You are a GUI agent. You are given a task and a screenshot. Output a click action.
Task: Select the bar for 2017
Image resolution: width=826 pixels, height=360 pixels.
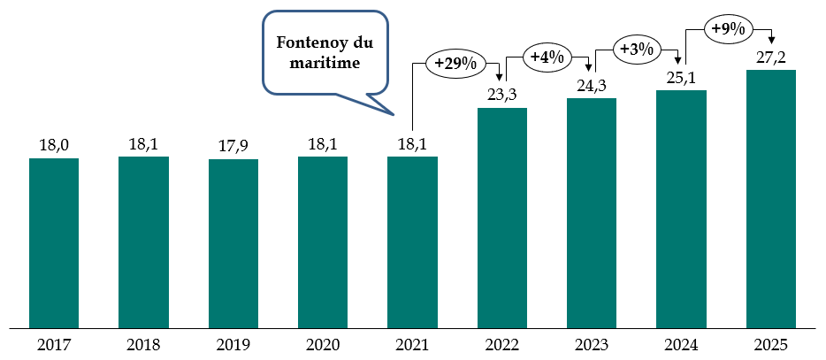click(x=54, y=242)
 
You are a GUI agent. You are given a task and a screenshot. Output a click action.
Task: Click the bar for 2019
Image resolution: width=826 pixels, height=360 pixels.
click(x=233, y=243)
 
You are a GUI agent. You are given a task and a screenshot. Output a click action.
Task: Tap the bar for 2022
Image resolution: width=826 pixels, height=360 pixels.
click(x=502, y=218)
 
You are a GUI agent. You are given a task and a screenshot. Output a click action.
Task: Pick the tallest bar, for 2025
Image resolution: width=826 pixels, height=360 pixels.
click(x=771, y=198)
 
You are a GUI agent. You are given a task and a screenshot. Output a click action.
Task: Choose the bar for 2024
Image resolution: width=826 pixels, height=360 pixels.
click(x=682, y=208)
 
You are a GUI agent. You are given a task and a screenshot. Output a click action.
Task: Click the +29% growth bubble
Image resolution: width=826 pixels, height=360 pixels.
click(x=455, y=64)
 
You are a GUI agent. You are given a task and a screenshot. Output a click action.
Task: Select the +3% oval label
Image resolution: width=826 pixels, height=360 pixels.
click(x=636, y=49)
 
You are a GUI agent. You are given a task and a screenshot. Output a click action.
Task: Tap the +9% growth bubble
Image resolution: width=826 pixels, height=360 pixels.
click(x=727, y=29)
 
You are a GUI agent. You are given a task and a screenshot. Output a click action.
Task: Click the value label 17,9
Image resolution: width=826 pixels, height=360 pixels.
click(x=233, y=146)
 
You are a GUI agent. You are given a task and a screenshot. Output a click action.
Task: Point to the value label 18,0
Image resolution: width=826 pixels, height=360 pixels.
click(x=54, y=144)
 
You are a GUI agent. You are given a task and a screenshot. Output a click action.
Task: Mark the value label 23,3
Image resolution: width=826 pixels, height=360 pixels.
click(x=502, y=95)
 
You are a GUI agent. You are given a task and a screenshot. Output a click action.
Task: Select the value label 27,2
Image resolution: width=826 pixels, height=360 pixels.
click(x=771, y=57)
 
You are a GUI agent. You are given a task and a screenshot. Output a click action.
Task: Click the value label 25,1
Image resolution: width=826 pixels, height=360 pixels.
click(x=682, y=77)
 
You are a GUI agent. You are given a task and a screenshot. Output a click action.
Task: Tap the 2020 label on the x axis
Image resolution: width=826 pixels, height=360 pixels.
click(x=323, y=344)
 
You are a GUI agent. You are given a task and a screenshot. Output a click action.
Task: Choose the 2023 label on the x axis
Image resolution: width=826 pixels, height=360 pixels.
click(x=592, y=344)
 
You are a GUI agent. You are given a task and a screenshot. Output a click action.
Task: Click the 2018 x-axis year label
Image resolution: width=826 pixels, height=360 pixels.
click(x=143, y=344)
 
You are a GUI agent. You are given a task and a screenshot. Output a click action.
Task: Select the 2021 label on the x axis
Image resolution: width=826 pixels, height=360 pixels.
click(x=412, y=344)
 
